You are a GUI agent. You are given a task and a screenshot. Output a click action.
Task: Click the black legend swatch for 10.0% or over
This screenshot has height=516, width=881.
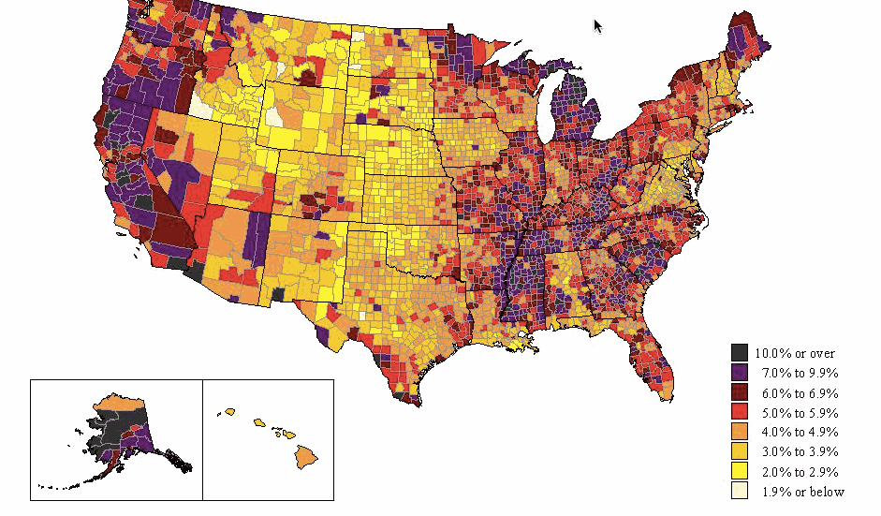point(740,352)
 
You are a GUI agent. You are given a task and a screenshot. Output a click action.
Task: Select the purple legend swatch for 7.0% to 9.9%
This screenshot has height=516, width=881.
point(740,373)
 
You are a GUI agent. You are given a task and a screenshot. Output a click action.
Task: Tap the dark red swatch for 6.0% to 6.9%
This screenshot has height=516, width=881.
point(740,392)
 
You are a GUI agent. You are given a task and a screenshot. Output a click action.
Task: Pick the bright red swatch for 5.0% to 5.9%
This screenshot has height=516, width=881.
point(740,412)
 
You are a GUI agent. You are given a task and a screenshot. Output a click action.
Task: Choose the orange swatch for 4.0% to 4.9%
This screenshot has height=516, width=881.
point(740,432)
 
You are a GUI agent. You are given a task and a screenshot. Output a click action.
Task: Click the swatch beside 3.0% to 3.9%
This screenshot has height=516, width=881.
point(740,451)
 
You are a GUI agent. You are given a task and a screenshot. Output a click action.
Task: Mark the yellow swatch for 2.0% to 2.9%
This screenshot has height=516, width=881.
point(740,471)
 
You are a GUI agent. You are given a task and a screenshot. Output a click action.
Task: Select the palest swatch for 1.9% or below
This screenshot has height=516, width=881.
point(740,491)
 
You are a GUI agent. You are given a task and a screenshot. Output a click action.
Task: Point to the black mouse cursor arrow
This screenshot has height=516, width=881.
point(597,25)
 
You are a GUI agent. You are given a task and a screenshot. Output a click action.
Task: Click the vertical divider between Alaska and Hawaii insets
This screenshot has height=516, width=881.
point(202,439)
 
